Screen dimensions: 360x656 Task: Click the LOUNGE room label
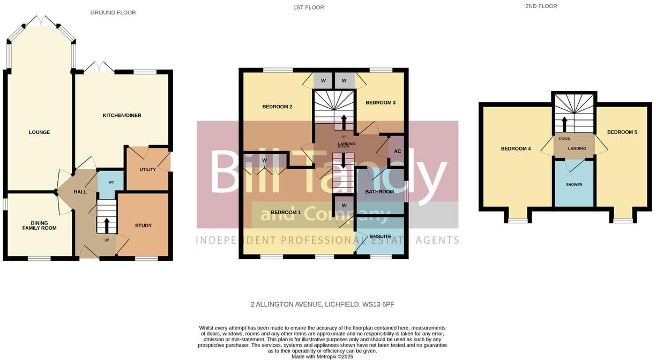click(40, 132)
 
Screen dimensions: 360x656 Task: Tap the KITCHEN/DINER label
click(122, 116)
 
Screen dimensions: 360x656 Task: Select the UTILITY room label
click(147, 170)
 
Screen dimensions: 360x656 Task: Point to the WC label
click(111, 183)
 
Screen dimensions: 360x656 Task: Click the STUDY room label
click(143, 226)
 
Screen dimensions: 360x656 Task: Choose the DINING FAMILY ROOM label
click(39, 225)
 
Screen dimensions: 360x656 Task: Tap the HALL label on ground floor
click(80, 192)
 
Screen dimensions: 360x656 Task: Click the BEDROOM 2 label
click(277, 107)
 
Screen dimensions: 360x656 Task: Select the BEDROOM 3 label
click(381, 102)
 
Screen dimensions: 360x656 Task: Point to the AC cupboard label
click(397, 152)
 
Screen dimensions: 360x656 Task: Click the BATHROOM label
click(379, 192)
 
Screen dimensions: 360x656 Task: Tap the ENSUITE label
click(380, 236)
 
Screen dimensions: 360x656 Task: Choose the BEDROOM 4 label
click(516, 148)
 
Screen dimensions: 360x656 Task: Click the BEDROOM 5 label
click(622, 132)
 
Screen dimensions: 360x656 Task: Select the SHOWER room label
click(574, 185)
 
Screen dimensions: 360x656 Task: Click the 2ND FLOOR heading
click(541, 6)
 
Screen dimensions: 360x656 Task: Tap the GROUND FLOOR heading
click(113, 12)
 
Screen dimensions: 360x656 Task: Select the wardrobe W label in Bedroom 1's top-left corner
click(264, 160)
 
